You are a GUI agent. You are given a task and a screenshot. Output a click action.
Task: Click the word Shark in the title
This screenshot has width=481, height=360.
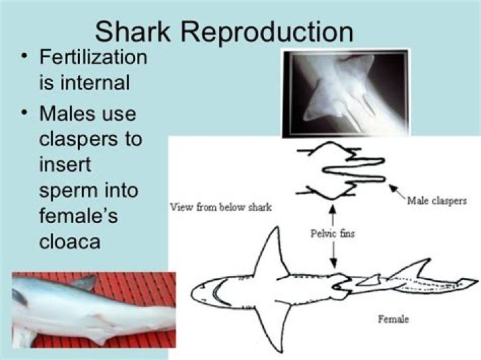point(132,32)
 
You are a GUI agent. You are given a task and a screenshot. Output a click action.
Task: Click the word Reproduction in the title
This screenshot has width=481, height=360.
point(267,32)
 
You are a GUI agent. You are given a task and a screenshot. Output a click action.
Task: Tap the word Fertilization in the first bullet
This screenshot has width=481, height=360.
point(94,57)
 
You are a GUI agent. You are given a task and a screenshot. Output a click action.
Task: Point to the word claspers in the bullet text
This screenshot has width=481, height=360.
point(79,140)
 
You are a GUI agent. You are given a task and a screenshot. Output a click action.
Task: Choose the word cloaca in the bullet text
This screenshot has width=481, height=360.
point(70,241)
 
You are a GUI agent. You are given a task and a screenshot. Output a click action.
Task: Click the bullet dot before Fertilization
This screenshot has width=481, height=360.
point(24,57)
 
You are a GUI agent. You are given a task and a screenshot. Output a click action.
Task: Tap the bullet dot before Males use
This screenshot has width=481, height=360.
point(24,113)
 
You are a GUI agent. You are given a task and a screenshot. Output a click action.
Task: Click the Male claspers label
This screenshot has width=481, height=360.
point(437,201)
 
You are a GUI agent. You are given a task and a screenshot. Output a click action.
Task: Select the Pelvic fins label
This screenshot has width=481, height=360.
point(333,234)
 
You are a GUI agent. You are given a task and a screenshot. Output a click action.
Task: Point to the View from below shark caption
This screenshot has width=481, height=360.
point(221,208)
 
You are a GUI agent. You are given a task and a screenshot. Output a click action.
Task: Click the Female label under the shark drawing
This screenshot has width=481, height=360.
point(393,319)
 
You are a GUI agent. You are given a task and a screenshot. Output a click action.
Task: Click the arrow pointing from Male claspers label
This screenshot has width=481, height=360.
point(397,191)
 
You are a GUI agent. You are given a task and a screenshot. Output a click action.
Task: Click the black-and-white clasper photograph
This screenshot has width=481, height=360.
point(346,93)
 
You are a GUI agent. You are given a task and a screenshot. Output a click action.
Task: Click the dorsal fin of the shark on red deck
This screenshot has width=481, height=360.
point(84,283)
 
